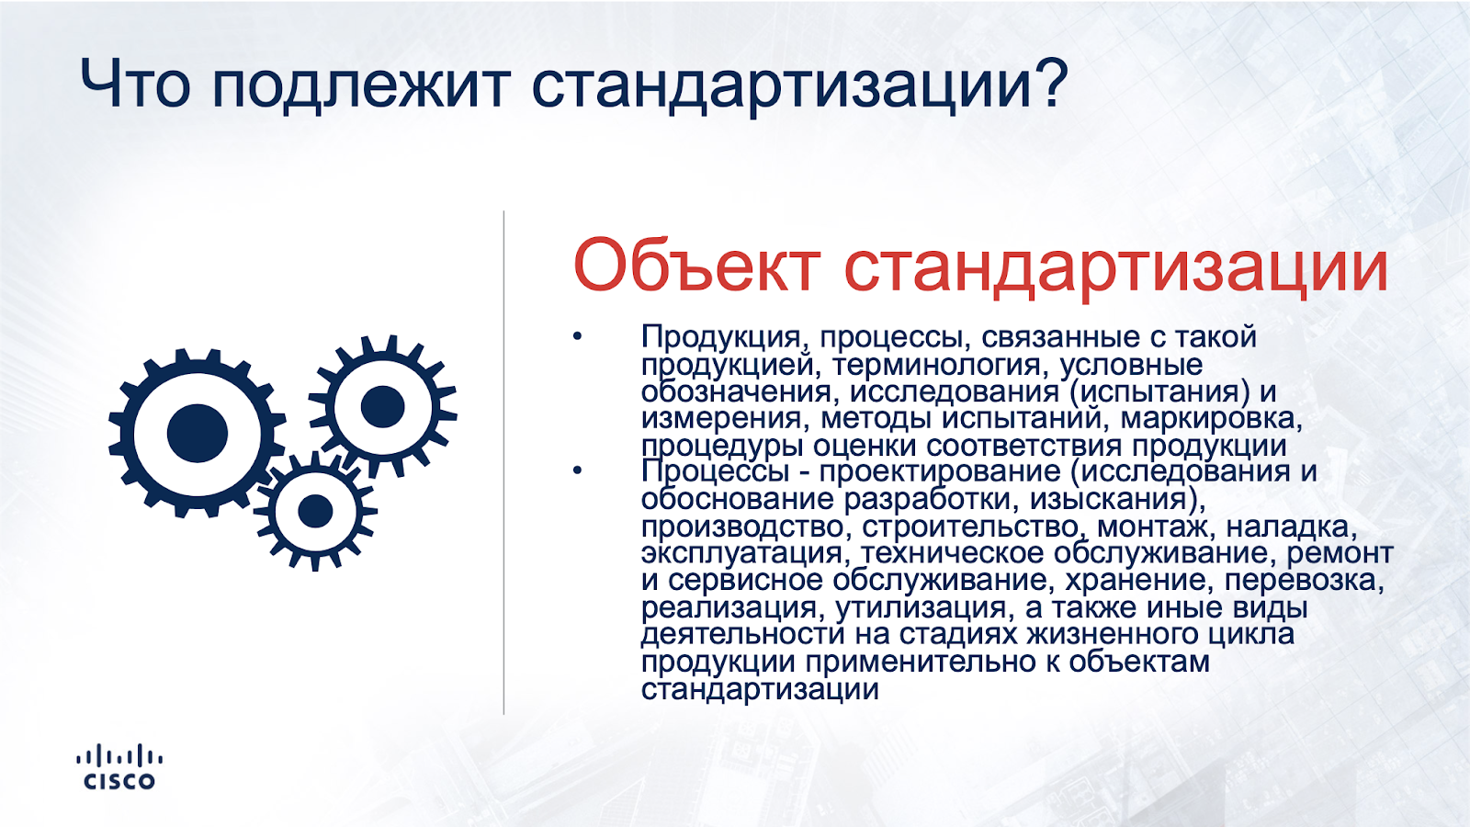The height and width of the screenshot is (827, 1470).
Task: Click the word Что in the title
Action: tap(135, 84)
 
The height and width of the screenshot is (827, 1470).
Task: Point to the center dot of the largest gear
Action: tap(197, 433)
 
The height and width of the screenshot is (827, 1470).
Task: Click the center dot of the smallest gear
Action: tap(315, 511)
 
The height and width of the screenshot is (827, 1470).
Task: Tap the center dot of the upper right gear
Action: tap(382, 407)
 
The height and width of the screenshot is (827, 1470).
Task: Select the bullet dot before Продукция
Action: tap(577, 337)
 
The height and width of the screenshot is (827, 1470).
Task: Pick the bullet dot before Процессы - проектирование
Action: tap(577, 470)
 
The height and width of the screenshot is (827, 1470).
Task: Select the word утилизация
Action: tap(921, 608)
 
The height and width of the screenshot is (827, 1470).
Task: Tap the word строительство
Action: tap(970, 527)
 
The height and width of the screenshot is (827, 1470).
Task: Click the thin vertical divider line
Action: tap(504, 462)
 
